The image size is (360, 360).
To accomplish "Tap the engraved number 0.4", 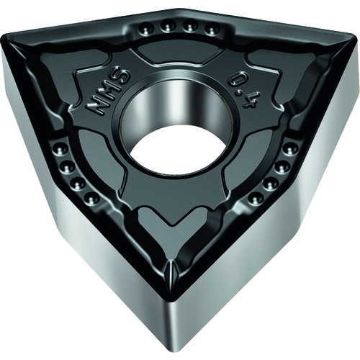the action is point(243,92).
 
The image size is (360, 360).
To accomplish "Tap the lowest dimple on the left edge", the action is point(91,199).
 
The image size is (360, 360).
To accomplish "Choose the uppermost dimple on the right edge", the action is point(290,149).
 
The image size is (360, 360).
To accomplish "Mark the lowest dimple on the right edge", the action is point(254,197).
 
